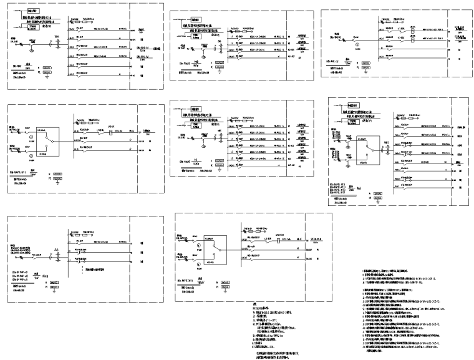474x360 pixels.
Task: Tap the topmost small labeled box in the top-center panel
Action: point(195,19)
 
